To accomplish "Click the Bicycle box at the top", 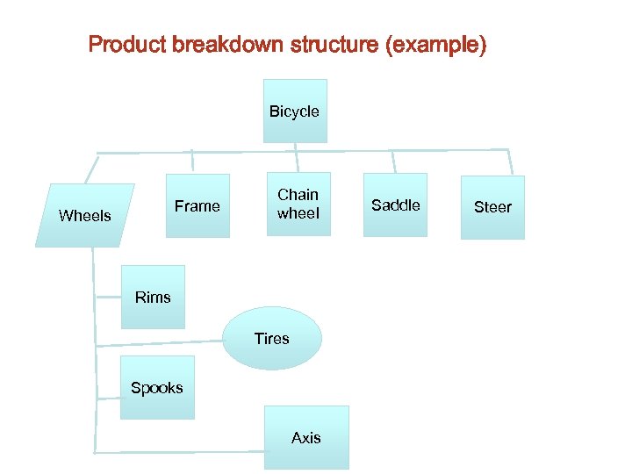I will click(295, 111).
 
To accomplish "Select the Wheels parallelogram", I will click(84, 215).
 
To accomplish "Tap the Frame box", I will click(197, 206).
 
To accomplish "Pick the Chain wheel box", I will click(298, 205).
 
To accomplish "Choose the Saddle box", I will click(396, 205).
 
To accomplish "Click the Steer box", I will click(492, 207).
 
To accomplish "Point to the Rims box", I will click(153, 297).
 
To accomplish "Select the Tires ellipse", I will click(272, 338).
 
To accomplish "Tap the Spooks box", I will click(156, 387).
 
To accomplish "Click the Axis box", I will click(306, 437).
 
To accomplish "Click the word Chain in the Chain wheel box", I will click(298, 195).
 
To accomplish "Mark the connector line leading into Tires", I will click(158, 342).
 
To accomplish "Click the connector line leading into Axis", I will click(176, 451).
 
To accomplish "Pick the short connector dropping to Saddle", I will click(393, 162).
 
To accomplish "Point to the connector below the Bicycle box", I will click(297, 156).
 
